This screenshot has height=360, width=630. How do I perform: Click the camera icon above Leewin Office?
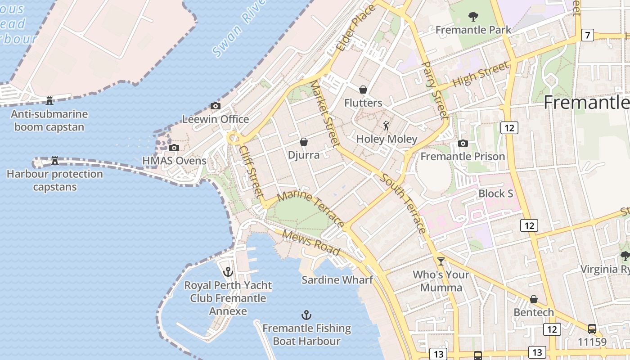click(x=216, y=106)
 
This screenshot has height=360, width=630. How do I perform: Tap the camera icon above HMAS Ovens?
click(x=174, y=148)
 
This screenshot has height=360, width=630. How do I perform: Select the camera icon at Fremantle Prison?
click(x=463, y=144)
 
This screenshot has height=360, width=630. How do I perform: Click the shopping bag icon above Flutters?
click(x=363, y=90)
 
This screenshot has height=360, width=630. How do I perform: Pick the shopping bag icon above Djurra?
click(x=304, y=142)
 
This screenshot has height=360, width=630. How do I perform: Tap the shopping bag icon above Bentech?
click(x=534, y=299)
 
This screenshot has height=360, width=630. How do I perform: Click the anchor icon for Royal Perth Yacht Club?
click(x=228, y=272)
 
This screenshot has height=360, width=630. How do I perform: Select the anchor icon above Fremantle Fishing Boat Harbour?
click(x=306, y=315)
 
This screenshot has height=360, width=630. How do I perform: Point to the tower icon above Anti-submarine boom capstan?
click(x=49, y=100)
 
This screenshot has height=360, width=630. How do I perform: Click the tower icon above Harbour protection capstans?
click(x=55, y=160)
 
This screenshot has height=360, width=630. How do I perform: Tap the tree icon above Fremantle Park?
click(x=473, y=17)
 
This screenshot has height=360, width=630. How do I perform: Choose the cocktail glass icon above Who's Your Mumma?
click(x=441, y=261)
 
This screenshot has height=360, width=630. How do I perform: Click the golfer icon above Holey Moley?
click(x=386, y=126)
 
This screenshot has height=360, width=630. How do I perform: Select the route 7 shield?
click(x=587, y=35)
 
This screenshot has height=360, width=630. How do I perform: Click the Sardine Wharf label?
click(x=337, y=280)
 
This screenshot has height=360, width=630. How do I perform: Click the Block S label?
click(x=495, y=193)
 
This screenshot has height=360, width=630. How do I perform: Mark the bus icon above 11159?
click(x=592, y=329)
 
